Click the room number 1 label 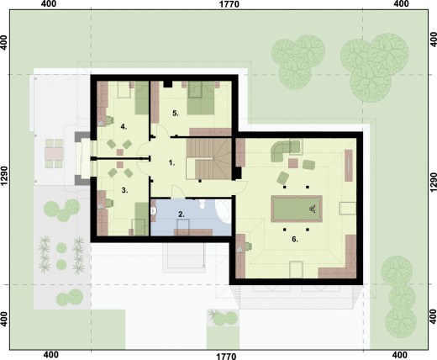pyautogui.click(x=171, y=162)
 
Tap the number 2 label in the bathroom pyautogui.click(x=182, y=214)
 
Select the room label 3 pyautogui.click(x=124, y=190)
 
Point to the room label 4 pyautogui.click(x=124, y=127)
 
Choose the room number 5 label pyautogui.click(x=176, y=114)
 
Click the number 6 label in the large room pyautogui.click(x=295, y=239)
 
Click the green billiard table pyautogui.click(x=297, y=209)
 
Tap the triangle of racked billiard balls pyautogui.click(x=313, y=209)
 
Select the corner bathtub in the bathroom pyautogui.click(x=224, y=211)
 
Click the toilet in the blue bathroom pyautogui.click(x=202, y=204)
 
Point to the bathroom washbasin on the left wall pyautogui.click(x=153, y=211)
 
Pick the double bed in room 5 pyautogui.click(x=201, y=98)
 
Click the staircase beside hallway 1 pyautogui.click(x=209, y=158)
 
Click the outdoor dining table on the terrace pyautogui.click(x=54, y=153)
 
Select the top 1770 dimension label pyautogui.click(x=229, y=4)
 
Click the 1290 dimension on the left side pyautogui.click(x=4, y=176)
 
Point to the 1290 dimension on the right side pyautogui.click(x=433, y=183)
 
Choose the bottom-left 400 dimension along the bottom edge pyautogui.click(x=51, y=355)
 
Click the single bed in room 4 pyautogui.click(x=142, y=98)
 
